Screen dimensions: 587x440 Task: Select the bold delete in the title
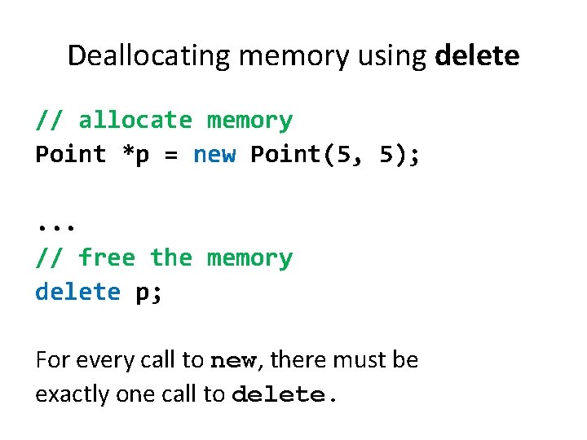click(478, 55)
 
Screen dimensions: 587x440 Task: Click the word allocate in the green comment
click(135, 121)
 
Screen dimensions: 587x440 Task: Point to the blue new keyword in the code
click(214, 155)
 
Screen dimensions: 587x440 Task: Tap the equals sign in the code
click(171, 155)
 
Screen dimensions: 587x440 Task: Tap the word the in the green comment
click(171, 258)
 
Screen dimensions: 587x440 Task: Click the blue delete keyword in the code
click(78, 293)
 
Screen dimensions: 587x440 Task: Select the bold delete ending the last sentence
click(284, 394)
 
